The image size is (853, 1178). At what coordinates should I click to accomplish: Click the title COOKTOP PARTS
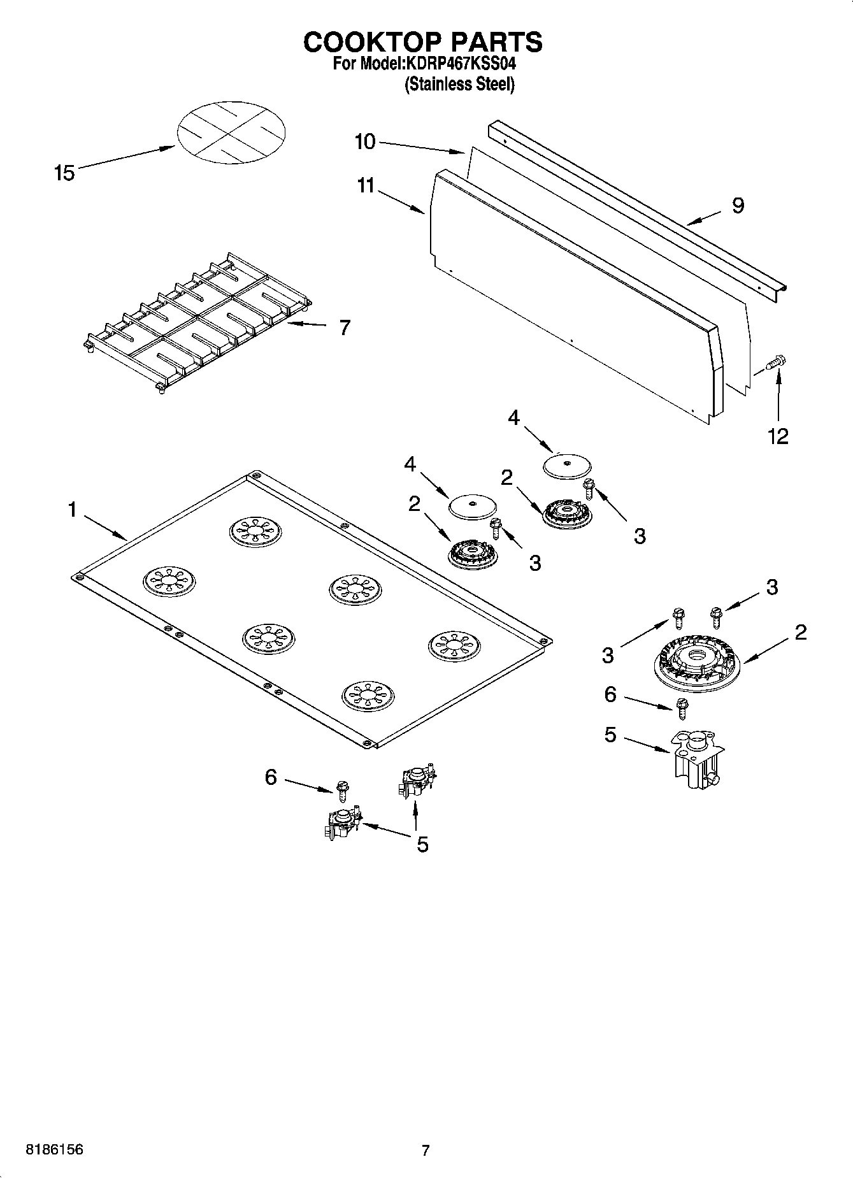[423, 41]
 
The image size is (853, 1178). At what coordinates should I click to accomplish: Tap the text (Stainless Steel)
[459, 84]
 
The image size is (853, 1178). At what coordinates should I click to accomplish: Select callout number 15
[64, 173]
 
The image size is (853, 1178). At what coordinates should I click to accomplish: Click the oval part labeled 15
[231, 132]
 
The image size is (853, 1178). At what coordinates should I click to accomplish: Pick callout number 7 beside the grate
[344, 327]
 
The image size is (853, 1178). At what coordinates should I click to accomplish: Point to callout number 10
[365, 141]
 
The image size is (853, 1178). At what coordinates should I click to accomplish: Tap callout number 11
[366, 186]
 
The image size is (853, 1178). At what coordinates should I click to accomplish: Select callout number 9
[738, 206]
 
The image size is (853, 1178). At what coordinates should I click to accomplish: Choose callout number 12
[778, 436]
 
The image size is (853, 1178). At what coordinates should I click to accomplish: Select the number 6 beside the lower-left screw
[271, 777]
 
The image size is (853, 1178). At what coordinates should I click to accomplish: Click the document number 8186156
[54, 1150]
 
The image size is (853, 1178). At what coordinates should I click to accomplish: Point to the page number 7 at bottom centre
[426, 1151]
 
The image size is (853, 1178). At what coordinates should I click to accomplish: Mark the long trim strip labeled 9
[637, 210]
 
